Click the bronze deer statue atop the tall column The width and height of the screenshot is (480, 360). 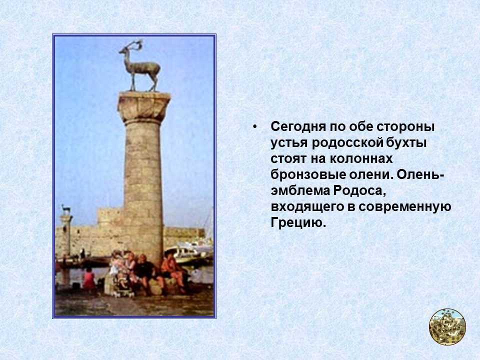tap(139, 67)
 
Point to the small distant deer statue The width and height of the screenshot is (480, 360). tap(65, 209)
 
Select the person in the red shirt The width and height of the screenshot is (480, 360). tap(89, 277)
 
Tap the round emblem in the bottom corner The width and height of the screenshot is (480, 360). tap(447, 326)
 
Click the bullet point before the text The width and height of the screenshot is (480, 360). tap(255, 126)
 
